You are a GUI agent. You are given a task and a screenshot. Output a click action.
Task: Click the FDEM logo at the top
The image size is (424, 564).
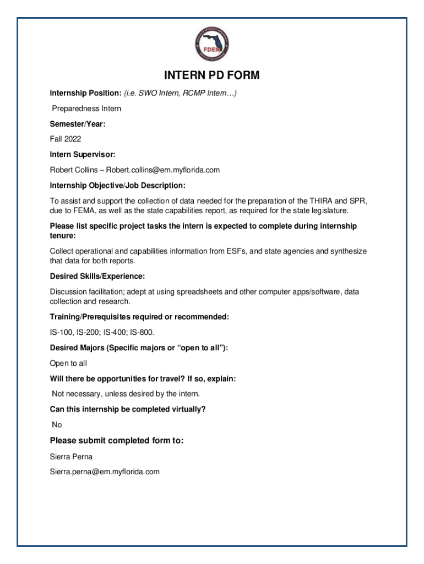(212, 45)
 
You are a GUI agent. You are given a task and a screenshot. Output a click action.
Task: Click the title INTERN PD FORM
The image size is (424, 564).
(212, 75)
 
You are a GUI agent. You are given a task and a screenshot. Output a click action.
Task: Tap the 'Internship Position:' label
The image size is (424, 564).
(85, 93)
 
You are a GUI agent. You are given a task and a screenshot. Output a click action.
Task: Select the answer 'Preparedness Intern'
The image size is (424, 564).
(86, 109)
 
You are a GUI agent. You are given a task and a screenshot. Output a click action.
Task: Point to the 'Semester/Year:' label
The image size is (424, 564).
(78, 124)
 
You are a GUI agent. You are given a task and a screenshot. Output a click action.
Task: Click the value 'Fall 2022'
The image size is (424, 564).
(66, 139)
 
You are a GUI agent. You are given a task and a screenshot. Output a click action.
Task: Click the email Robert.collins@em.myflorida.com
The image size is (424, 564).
(163, 170)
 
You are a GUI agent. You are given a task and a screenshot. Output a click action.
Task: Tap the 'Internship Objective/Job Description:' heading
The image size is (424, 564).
(118, 185)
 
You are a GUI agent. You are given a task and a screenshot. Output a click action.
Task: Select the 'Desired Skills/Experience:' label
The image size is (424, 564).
(97, 276)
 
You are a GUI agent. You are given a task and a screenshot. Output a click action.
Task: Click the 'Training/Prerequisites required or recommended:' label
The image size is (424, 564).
(139, 317)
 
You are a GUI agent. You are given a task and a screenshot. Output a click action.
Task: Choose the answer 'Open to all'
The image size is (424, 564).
(68, 363)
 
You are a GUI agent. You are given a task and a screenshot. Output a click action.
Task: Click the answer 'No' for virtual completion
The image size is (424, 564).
(57, 425)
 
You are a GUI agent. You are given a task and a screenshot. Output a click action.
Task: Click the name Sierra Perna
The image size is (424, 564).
(71, 457)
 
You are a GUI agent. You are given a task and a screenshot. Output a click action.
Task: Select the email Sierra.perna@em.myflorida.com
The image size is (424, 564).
(105, 472)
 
